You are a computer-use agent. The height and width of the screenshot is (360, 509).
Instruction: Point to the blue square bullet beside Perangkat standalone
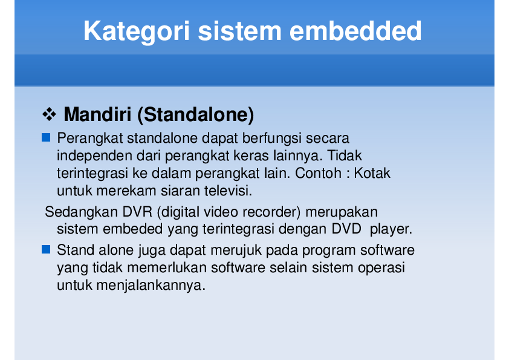pyautogui.click(x=46, y=139)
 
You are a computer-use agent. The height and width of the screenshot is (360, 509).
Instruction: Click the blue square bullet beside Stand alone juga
pyautogui.click(x=46, y=249)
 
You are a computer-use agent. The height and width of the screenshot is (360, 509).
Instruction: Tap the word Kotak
pyautogui.click(x=372, y=173)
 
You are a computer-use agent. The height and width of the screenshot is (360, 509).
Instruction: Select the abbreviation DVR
pyautogui.click(x=138, y=212)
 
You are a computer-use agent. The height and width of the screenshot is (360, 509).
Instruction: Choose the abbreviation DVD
pyautogui.click(x=347, y=229)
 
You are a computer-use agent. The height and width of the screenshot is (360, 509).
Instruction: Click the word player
pyautogui.click(x=391, y=229)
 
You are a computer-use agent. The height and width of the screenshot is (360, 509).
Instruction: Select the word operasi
pyautogui.click(x=380, y=267)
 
